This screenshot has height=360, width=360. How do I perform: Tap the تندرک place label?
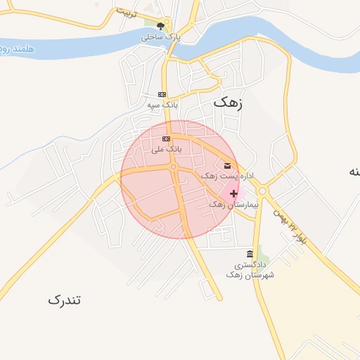[65, 300]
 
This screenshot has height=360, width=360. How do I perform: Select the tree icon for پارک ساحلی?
[160, 26]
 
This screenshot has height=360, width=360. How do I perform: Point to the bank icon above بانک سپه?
[162, 94]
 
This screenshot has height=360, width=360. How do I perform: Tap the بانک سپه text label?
[162, 105]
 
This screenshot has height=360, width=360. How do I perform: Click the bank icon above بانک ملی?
[167, 139]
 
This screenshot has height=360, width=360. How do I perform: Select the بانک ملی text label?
[167, 149]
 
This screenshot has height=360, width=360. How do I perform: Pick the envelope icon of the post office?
[226, 165]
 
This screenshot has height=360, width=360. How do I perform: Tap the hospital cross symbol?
[233, 193]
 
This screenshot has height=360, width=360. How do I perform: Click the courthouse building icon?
[250, 254]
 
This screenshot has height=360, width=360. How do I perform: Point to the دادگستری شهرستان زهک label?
[244, 270]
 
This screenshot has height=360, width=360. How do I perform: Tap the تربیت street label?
[124, 13]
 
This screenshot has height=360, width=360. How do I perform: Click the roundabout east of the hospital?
[263, 190]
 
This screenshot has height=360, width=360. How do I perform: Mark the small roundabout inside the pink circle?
[173, 167]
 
